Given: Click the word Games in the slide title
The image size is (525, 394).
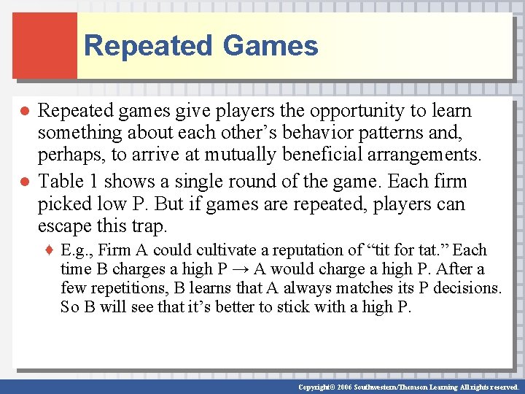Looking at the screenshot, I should [x=271, y=45].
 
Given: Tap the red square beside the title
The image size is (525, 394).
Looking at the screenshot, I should [x=44, y=45].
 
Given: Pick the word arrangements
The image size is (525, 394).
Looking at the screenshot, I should [x=429, y=155].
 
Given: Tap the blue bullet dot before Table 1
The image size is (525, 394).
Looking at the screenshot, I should [x=24, y=182].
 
